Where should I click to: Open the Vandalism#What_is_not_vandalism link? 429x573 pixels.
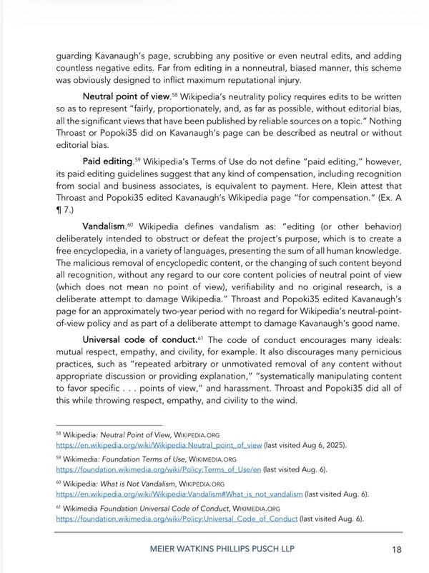179,494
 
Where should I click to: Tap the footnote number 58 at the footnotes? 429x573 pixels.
59,434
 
